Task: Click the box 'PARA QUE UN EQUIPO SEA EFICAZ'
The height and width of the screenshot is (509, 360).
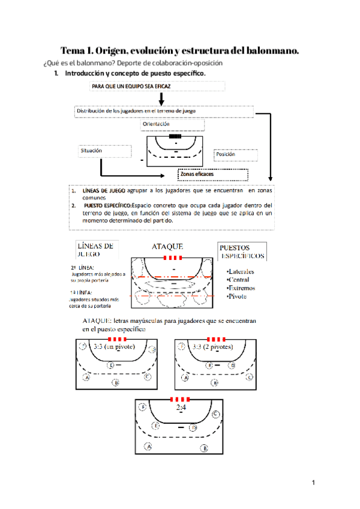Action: tap(158, 86)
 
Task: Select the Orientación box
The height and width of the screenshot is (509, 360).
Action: tap(173, 124)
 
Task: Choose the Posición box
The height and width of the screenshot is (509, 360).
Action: tap(236, 155)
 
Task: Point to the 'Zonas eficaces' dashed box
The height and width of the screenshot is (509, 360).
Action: tap(213, 174)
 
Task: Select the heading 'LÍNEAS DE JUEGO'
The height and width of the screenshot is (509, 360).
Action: tap(96, 250)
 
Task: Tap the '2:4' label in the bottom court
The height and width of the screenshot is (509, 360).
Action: tap(182, 408)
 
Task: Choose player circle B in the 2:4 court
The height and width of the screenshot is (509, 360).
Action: tap(204, 448)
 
